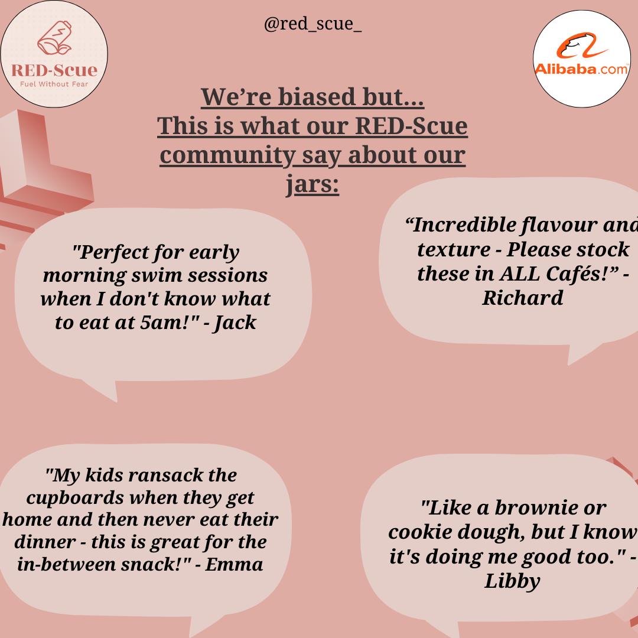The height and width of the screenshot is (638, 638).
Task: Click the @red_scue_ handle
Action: (313, 25)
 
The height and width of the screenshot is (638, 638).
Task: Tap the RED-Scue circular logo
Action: (54, 54)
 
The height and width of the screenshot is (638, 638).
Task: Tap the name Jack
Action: (235, 323)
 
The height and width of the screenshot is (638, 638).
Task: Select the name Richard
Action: (522, 298)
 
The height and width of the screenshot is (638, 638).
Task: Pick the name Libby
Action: (512, 581)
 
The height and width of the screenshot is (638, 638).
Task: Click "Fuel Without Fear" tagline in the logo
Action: (54, 83)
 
